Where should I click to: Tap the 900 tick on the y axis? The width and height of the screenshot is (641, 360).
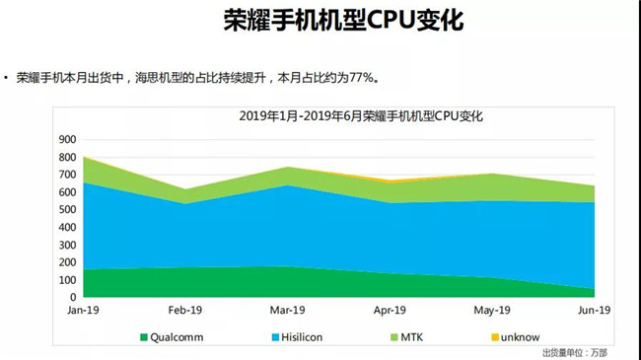coord(66,139)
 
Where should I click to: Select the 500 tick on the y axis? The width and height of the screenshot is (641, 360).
coord(66,209)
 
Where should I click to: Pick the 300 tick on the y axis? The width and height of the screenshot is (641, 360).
coord(66,244)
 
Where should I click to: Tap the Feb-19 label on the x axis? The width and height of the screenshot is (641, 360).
coord(186,311)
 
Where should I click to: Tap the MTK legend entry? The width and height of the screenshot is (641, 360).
coord(406,336)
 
